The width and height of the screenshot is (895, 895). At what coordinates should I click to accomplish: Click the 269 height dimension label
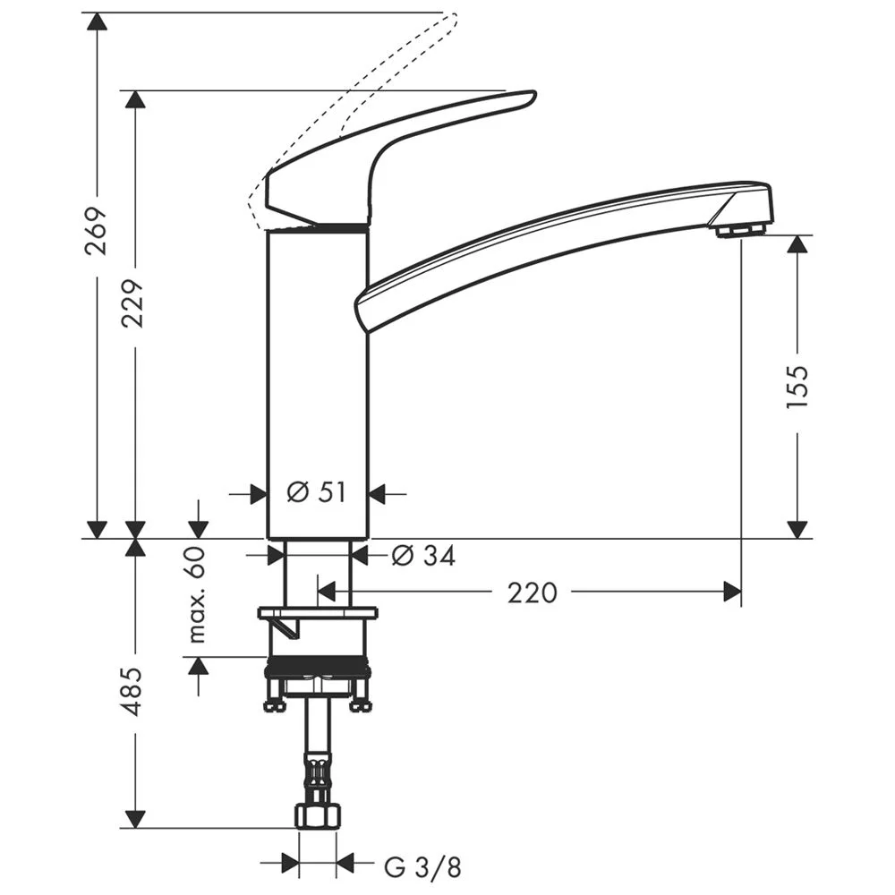pos(96,231)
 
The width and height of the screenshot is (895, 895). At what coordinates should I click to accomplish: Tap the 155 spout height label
pos(796,387)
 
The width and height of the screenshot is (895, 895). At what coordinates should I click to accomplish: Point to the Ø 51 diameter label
pos(316,492)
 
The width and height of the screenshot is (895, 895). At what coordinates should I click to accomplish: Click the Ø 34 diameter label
pos(422,556)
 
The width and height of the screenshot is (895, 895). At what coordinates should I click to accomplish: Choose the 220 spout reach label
pos(532,592)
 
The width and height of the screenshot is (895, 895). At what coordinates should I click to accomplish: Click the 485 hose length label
pos(133,690)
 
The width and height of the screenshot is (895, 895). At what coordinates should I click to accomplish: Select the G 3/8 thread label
pos(422,865)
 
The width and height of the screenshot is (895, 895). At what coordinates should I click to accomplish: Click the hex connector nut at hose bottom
pos(318,815)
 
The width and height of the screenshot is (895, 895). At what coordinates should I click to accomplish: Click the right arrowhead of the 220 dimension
pos(732,592)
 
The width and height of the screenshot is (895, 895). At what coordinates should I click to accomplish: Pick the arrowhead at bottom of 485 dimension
pos(133,818)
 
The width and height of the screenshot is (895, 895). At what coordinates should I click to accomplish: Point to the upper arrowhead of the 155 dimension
pos(796,244)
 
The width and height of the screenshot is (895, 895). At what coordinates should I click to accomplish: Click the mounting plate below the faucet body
pos(318,613)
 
